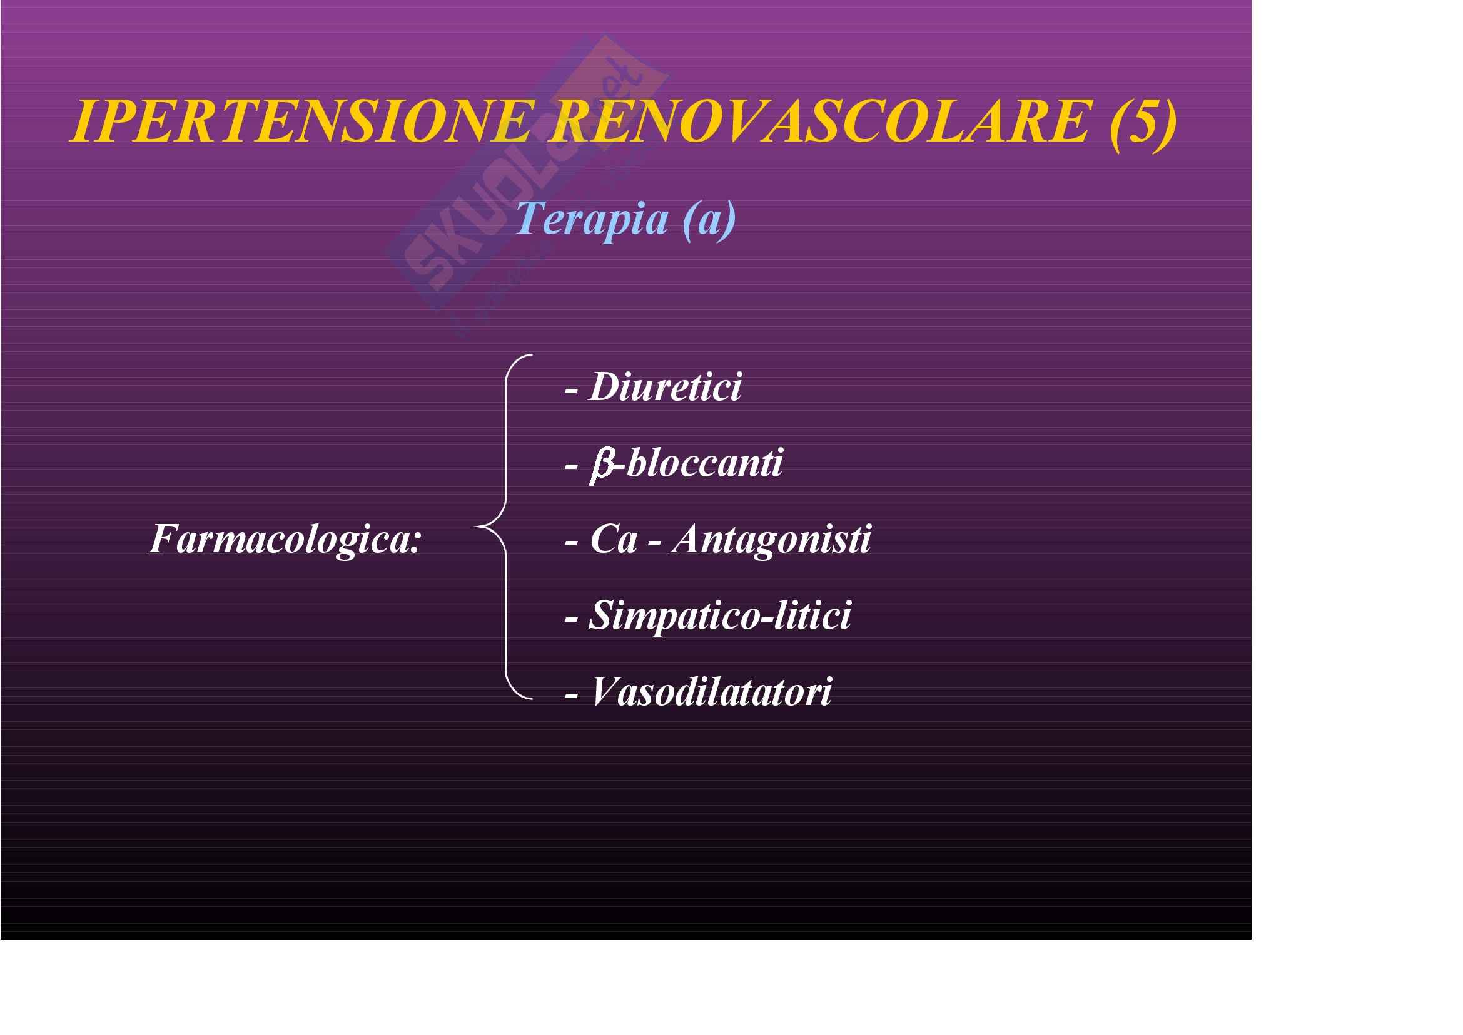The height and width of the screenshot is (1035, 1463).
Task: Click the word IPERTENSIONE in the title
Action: pyautogui.click(x=300, y=121)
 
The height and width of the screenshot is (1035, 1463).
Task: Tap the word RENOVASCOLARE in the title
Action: pyautogui.click(x=823, y=121)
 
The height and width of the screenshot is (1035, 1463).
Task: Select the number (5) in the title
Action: pyautogui.click(x=1143, y=124)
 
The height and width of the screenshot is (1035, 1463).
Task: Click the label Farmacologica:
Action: pyautogui.click(x=285, y=540)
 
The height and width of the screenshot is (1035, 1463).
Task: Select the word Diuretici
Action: pyautogui.click(x=666, y=386)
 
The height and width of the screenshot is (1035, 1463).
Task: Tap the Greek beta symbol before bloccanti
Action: pyautogui.click(x=602, y=465)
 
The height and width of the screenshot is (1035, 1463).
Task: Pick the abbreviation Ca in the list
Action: pyautogui.click(x=614, y=540)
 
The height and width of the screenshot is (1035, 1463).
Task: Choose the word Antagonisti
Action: pyautogui.click(x=771, y=540)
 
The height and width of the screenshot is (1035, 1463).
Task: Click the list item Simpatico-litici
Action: pyautogui.click(x=719, y=616)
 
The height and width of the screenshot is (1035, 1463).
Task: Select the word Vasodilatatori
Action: pyautogui.click(x=711, y=692)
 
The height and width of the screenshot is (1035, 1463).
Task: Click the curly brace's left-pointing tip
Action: pyautogui.click(x=477, y=527)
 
